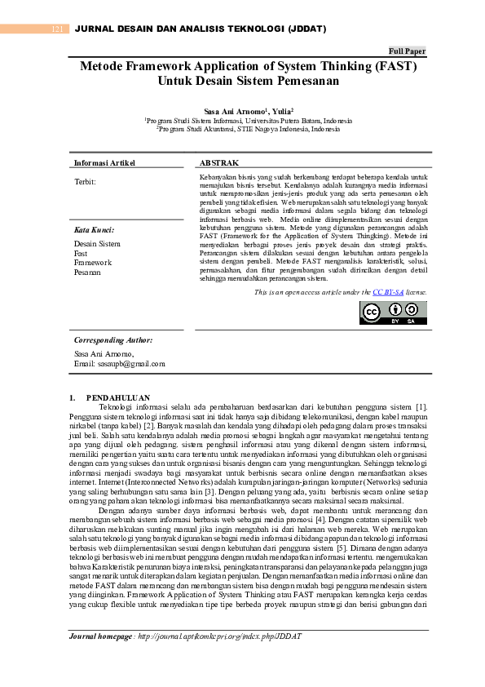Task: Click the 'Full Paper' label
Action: [x=408, y=51]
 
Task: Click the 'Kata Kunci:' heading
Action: [x=94, y=231]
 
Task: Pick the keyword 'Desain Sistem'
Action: [x=97, y=244]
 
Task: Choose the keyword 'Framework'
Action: [x=92, y=263]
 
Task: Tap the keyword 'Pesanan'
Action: [x=87, y=272]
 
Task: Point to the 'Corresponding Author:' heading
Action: [x=113, y=339]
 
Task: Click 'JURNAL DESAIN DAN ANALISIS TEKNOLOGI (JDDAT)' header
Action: [x=200, y=29]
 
